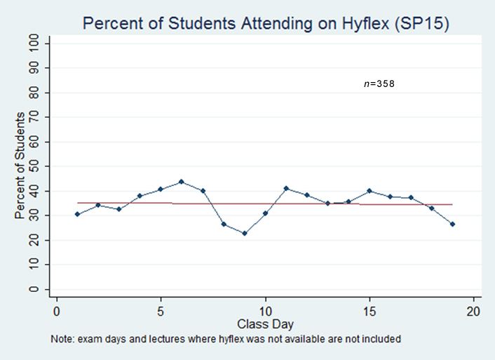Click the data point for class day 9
point(244,233)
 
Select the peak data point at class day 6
point(181,182)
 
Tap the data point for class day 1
point(77,214)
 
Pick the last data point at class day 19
point(453,224)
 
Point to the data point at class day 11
point(286,188)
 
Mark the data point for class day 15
point(369,191)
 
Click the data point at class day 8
point(224,224)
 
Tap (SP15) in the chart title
point(421,24)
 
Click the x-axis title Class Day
point(265,324)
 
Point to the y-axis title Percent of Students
point(20,165)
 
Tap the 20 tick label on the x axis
point(473,310)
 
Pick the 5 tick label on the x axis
point(161,310)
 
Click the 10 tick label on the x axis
point(265,310)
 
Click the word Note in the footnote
point(61,339)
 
